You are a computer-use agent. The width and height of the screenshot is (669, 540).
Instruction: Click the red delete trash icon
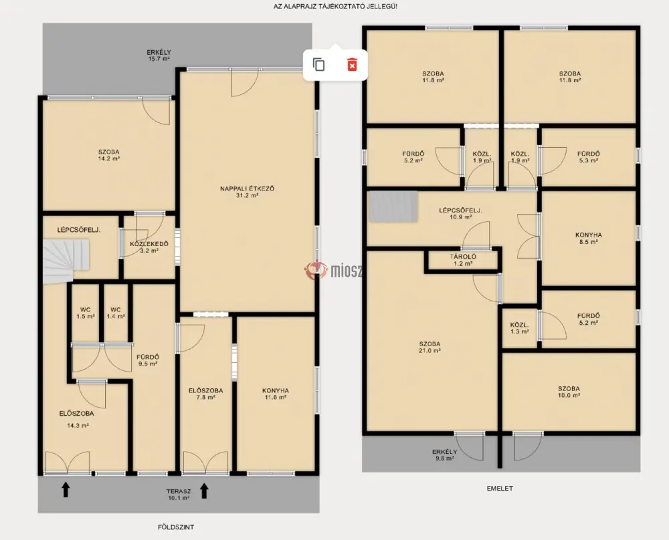(352, 65)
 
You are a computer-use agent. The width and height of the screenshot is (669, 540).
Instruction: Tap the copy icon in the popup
(318, 65)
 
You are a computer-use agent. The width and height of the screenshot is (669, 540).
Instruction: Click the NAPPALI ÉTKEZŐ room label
(248, 192)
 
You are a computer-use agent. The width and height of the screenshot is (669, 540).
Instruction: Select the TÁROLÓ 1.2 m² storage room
(463, 260)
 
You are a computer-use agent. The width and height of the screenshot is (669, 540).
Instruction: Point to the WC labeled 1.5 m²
(86, 313)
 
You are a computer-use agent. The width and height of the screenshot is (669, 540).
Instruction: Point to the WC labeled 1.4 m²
(116, 313)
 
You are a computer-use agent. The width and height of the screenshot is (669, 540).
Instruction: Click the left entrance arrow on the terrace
(66, 490)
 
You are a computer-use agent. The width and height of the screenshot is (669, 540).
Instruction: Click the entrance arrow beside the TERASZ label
(204, 491)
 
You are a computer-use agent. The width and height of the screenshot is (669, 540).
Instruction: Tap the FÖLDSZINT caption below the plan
(176, 527)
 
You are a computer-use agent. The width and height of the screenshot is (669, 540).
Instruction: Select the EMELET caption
(500, 489)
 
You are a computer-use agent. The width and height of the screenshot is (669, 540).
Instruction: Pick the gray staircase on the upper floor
(393, 207)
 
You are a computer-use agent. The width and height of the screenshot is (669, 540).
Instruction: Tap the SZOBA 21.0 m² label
(429, 347)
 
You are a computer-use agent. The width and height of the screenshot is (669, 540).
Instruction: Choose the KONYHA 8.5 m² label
(588, 238)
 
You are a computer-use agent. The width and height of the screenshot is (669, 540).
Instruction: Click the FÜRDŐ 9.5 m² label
(148, 361)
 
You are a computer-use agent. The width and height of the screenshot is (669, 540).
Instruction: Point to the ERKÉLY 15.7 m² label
(159, 56)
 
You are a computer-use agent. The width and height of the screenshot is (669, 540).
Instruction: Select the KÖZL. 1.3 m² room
(519, 327)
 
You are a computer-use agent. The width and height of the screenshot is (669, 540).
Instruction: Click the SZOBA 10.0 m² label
(569, 392)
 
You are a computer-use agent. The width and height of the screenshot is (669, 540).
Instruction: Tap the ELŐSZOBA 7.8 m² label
(205, 394)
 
